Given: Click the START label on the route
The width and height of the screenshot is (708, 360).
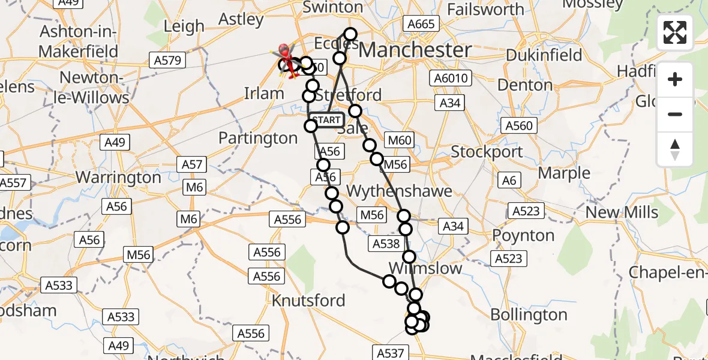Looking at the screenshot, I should click(327, 120).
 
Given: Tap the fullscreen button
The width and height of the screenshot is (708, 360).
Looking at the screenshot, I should click(675, 32).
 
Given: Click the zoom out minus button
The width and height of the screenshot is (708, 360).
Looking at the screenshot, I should click(675, 114).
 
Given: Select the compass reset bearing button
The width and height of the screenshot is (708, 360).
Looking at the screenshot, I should click(675, 149).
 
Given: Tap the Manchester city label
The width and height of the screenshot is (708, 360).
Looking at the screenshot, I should click(415, 50).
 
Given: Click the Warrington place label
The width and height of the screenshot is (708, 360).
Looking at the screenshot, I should click(119, 178).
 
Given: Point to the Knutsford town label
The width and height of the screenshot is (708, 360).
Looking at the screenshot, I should click(308, 300).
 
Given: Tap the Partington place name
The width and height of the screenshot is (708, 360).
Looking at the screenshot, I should click(258, 138).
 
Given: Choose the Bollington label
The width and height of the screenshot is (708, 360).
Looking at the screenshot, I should click(529, 314).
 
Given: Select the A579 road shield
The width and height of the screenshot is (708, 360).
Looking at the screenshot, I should click(167, 60).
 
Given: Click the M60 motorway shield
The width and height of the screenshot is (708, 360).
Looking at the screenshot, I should click(400, 141).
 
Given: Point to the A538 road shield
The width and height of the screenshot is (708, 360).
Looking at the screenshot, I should click(386, 244).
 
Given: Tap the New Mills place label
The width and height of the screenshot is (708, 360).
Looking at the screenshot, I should click(622, 212).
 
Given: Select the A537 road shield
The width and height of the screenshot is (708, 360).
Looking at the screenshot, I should click(391, 353).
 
